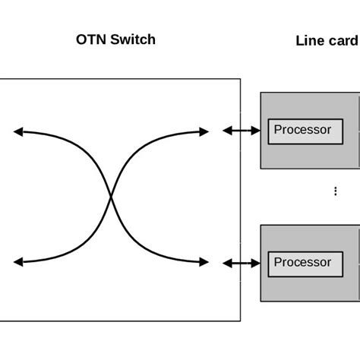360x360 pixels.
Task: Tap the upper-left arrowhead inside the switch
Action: pos(17,132)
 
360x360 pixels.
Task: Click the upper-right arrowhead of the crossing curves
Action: pos(204,132)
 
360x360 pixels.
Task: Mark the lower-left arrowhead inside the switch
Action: pos(17,262)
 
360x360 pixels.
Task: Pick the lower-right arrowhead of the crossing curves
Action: pos(204,262)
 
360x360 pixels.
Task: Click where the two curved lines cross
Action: pos(112,197)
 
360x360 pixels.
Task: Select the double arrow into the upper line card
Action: pos(241,131)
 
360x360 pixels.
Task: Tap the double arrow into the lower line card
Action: pos(241,264)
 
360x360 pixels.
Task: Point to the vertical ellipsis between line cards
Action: pos(336,191)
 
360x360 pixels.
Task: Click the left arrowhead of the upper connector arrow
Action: pos(226,131)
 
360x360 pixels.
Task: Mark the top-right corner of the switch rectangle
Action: pos(240,78)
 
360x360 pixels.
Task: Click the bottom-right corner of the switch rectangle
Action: pos(240,321)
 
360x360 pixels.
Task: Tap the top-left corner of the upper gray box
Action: pos(261,93)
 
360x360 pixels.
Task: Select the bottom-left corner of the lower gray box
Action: pos(261,301)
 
